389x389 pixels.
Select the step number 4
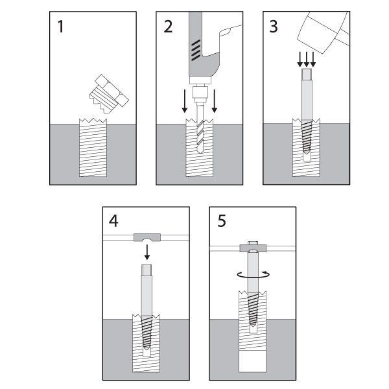[114, 222]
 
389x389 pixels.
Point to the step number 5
[221, 222]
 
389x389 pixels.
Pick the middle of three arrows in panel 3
[307, 60]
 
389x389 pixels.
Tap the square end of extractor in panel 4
[146, 272]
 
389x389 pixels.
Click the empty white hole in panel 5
[253, 359]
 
